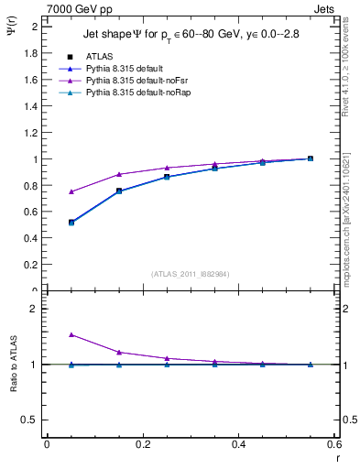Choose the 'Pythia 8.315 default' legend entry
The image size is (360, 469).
point(124,69)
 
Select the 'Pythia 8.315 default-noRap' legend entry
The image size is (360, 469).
point(136,93)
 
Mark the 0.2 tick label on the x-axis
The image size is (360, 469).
point(142,443)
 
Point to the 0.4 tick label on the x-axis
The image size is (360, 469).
point(238,443)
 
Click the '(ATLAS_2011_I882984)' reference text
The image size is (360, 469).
point(190,273)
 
